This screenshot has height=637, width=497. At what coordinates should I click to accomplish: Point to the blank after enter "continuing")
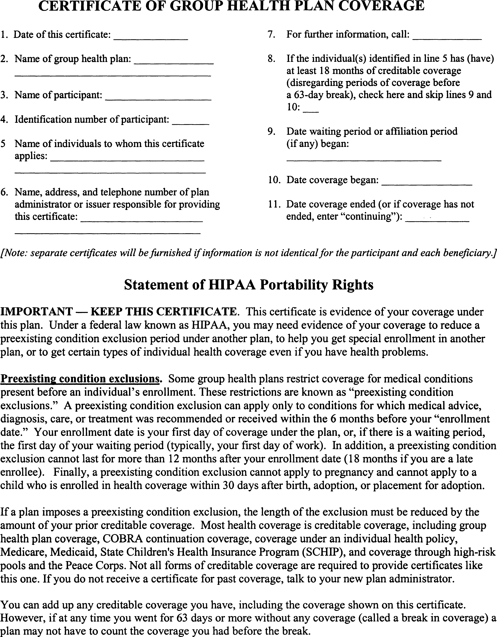point(438,221)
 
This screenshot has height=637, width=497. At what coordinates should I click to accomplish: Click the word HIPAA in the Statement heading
point(232,285)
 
